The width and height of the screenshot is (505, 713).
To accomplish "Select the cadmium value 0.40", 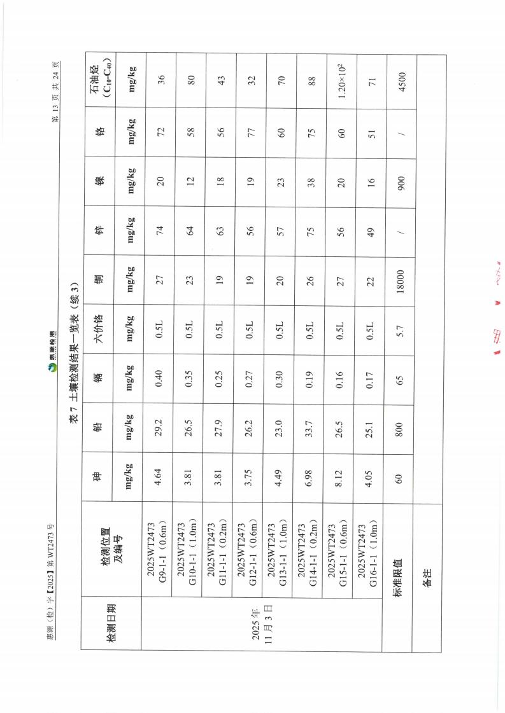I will [160, 378].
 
